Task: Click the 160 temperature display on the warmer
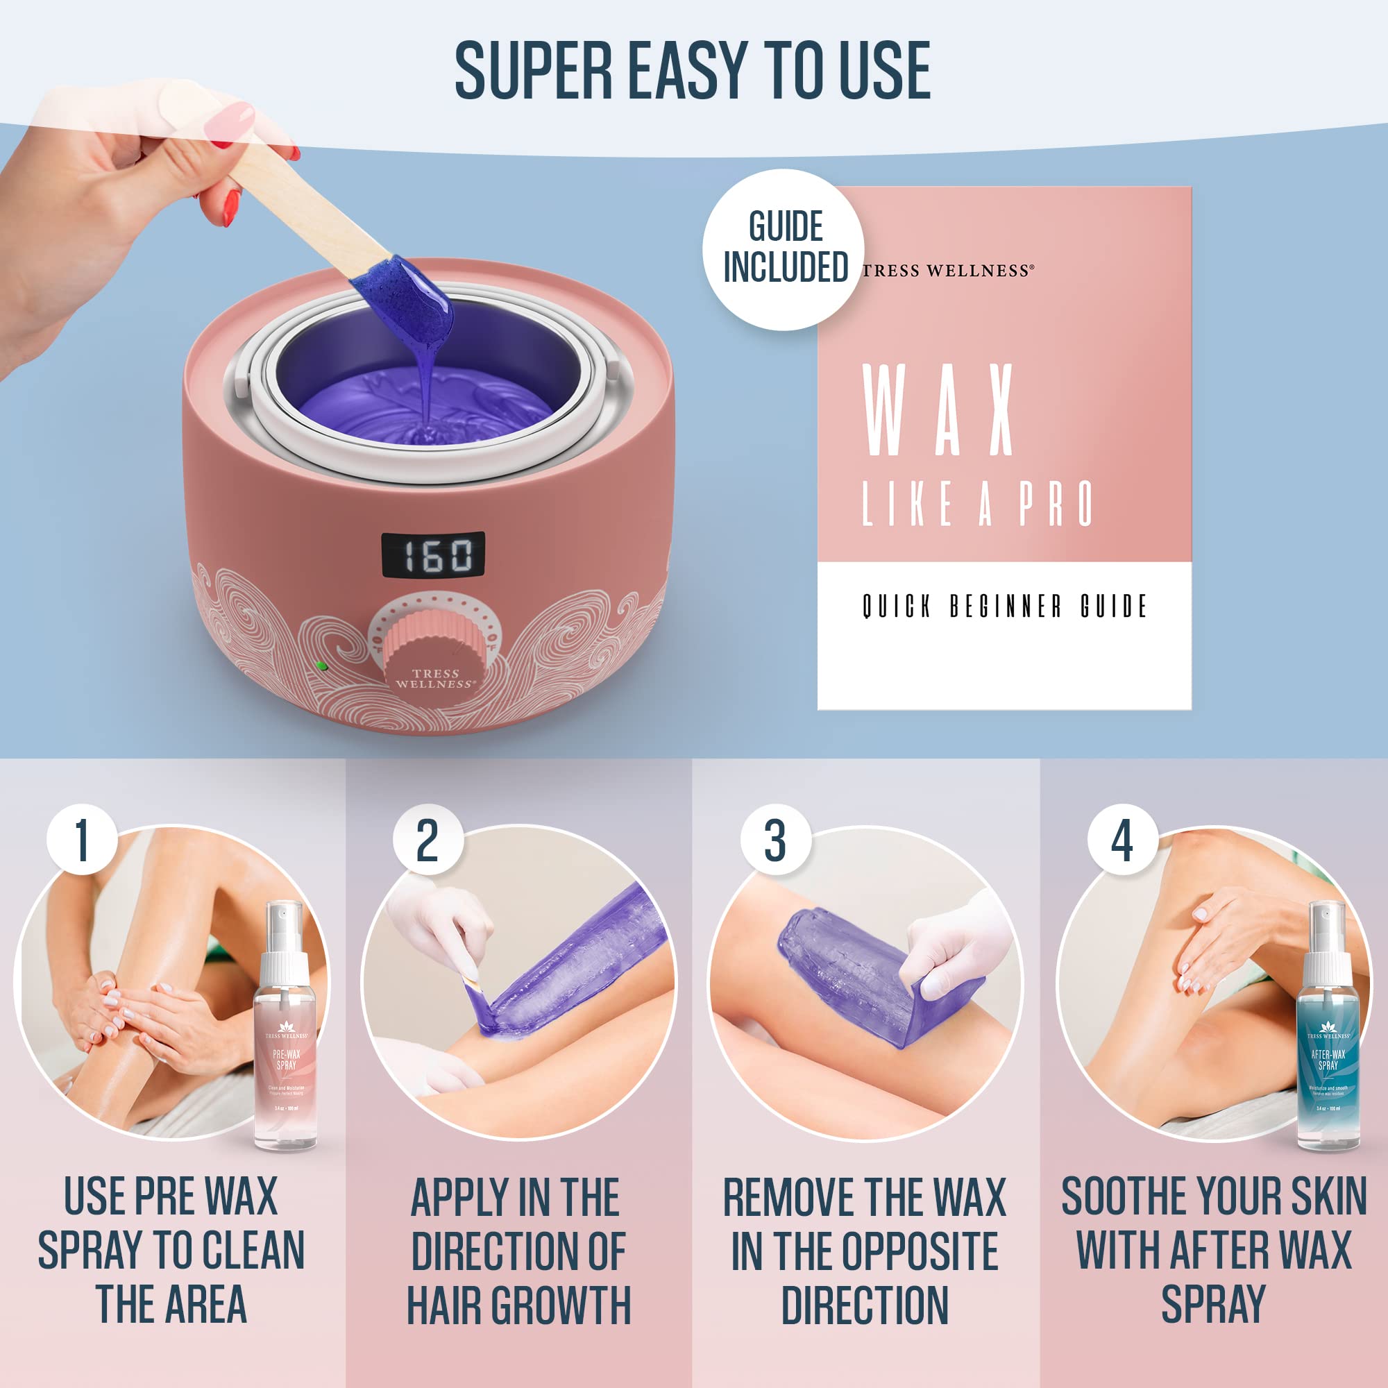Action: tap(432, 555)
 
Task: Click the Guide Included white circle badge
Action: tap(784, 249)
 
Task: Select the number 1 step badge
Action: tap(82, 839)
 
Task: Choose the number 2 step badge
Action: tap(428, 839)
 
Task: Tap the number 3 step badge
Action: tap(775, 839)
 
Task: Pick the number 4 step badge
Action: tap(1122, 839)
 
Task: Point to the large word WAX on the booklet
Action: tap(938, 410)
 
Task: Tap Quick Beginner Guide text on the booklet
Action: tap(1004, 607)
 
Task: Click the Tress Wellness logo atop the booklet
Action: tap(948, 271)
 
